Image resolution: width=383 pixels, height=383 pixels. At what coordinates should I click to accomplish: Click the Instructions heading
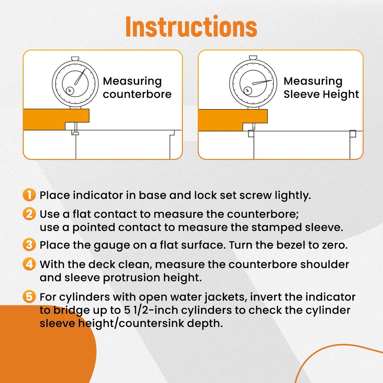tap(191, 26)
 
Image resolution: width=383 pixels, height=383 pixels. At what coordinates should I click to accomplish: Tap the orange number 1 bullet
tap(29, 195)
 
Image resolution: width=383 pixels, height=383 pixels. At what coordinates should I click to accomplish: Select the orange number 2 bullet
tap(29, 213)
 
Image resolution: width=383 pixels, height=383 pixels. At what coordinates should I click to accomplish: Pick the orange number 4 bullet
tap(29, 264)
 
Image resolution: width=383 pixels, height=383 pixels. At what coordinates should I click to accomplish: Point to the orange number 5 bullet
tap(29, 297)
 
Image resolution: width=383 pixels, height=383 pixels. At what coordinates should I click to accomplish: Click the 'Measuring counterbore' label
tap(132, 88)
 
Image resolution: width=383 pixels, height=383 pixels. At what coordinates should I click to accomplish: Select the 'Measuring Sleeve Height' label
tap(321, 88)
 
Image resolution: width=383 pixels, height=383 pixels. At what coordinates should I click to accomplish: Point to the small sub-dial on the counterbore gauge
tap(69, 90)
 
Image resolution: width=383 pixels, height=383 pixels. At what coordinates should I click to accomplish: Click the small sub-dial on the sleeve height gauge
tap(247, 90)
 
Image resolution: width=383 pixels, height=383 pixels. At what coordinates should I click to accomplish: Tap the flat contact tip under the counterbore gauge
tap(75, 133)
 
